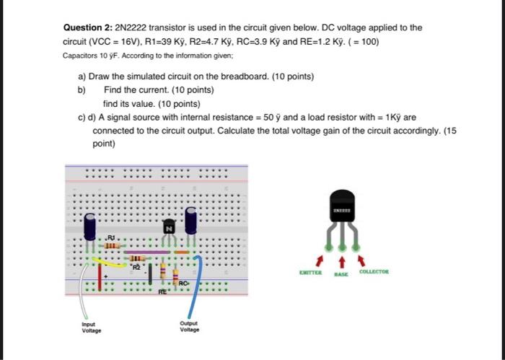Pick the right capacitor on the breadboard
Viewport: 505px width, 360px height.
point(191,221)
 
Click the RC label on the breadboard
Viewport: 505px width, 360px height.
point(185,284)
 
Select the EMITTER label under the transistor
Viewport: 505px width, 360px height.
point(312,272)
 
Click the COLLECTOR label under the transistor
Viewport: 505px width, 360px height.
point(374,272)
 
